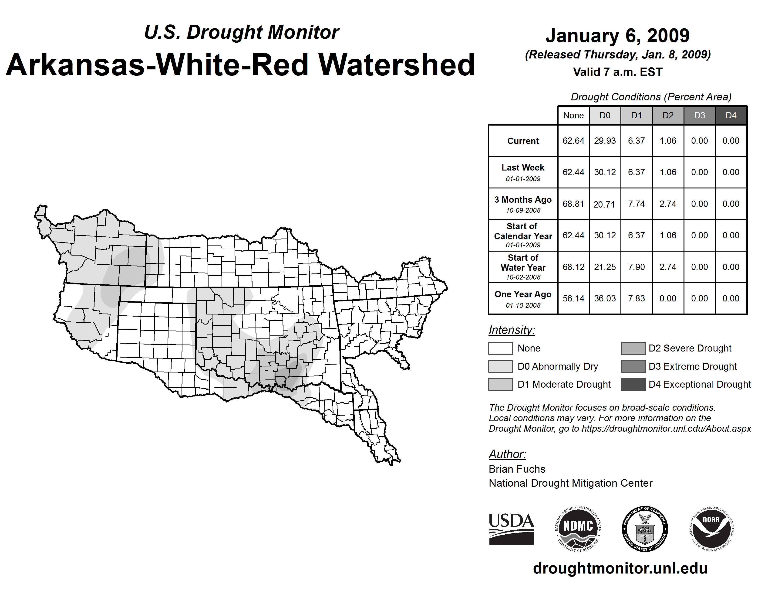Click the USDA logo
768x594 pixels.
(x=511, y=529)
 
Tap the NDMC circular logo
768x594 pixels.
(x=578, y=529)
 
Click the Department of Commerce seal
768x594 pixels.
(x=645, y=529)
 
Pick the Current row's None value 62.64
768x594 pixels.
(x=573, y=141)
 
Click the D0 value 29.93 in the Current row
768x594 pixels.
(x=605, y=141)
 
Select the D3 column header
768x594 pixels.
(x=699, y=115)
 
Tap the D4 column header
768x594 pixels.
(x=731, y=115)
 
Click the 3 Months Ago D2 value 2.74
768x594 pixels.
(x=668, y=204)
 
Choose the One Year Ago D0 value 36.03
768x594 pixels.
(x=605, y=298)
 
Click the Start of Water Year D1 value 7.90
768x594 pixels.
(x=637, y=267)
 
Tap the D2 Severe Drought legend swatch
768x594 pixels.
(x=633, y=348)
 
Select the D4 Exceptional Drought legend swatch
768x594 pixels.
(x=633, y=384)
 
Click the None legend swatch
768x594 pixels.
(x=500, y=348)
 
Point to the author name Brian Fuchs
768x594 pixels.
(x=517, y=469)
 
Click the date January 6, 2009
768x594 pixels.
(x=617, y=36)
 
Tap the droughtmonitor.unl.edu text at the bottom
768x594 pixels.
(x=620, y=568)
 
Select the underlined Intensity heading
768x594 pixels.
(x=512, y=330)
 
